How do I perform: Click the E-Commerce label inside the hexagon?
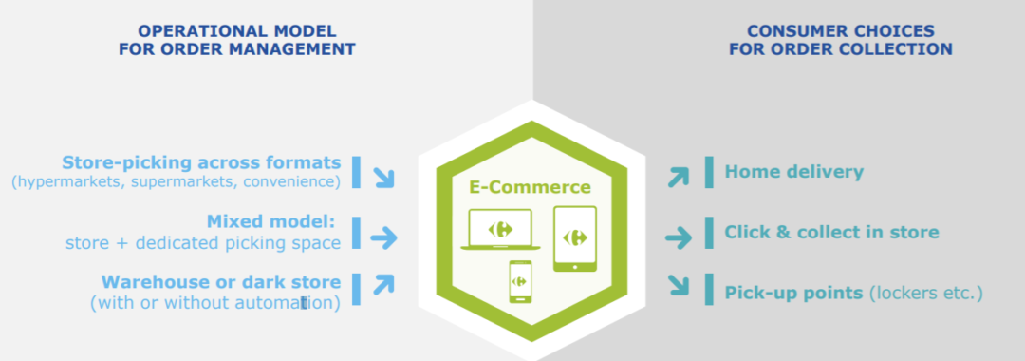[530, 187]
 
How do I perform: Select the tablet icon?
[575, 237]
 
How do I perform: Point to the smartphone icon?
[520, 281]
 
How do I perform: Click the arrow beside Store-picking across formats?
[382, 176]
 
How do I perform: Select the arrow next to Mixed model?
[382, 237]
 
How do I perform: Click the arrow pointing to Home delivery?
[679, 176]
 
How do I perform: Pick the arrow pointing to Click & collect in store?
[679, 237]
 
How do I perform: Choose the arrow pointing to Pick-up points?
[679, 284]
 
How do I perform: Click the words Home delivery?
[794, 172]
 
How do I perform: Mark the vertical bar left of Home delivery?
[709, 172]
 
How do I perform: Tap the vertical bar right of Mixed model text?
[357, 231]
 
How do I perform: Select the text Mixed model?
[271, 221]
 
